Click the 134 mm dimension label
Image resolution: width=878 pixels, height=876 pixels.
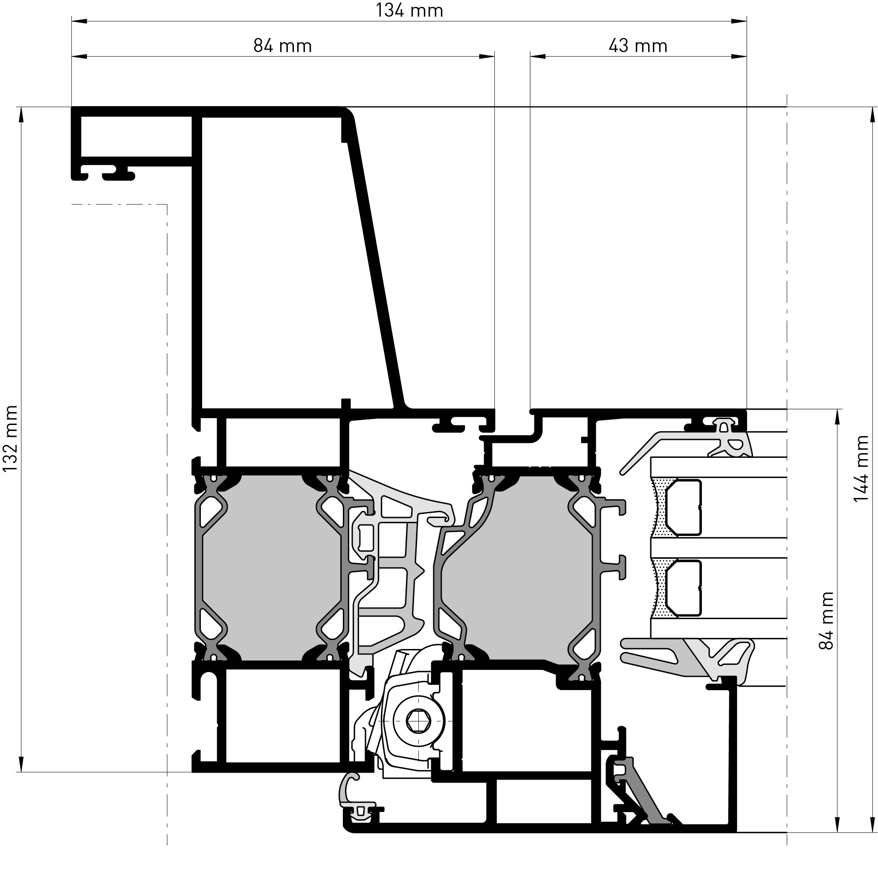409,10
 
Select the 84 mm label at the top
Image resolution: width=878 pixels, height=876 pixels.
282,46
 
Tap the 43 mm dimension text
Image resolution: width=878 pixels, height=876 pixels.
637,46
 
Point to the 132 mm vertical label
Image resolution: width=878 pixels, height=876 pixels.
10,439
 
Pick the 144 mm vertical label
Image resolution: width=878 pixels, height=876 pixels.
861,469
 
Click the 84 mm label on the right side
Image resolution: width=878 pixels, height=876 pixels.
826,620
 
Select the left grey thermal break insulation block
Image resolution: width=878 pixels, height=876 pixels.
271,568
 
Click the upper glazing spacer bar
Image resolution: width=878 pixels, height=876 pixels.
684,507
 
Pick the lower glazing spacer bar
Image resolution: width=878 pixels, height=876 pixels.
684,588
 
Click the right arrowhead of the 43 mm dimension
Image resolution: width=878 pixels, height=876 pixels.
739,56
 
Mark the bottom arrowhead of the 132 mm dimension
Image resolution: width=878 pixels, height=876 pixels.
21,764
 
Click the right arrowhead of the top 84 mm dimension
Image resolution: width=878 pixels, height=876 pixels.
487,56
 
